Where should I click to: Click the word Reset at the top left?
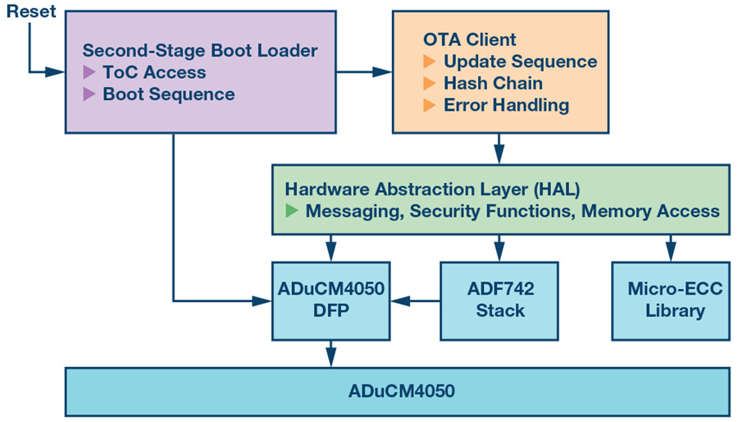coord(32,11)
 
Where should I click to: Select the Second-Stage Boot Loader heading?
coord(200,50)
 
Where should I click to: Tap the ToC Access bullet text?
coord(154,72)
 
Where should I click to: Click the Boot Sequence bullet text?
coord(168,94)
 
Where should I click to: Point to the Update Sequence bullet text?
coord(520,62)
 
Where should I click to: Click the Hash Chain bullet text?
coord(493,83)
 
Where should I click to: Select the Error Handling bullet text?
coord(506,105)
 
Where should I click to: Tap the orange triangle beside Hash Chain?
coord(429,83)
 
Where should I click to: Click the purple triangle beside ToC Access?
coord(89,72)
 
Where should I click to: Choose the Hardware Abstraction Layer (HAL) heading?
coord(432,190)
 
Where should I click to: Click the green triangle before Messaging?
coord(292,211)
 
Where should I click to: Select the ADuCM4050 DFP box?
coord(330,300)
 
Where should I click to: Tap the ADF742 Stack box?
coord(499,300)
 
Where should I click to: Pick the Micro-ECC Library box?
coord(669,300)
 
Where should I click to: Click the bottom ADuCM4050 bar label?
coord(397,392)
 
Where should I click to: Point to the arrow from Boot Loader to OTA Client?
coord(364,72)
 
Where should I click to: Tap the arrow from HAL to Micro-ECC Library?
coord(669,249)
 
